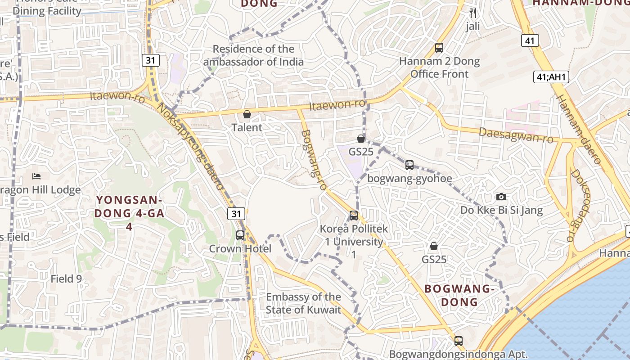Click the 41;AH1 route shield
click(551, 77)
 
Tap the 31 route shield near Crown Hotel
click(236, 214)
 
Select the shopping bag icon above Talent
click(247, 114)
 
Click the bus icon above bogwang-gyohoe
click(409, 165)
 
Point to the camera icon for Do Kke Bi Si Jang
click(501, 197)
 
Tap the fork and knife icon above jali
click(472, 13)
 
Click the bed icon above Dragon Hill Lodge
click(36, 176)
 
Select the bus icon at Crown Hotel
click(240, 235)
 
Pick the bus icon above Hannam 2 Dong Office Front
click(439, 47)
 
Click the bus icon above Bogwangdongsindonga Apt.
click(458, 341)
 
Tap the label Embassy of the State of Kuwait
click(303, 303)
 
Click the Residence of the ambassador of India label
click(253, 55)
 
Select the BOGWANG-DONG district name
click(459, 295)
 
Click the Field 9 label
click(66, 279)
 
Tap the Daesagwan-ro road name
click(516, 135)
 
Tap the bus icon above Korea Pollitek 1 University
click(354, 216)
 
